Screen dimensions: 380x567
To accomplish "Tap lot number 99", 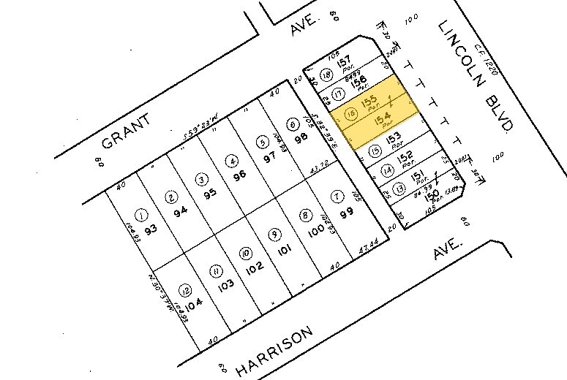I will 346,212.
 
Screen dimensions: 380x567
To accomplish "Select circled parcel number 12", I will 187,289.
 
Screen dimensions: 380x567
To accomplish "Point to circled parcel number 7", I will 337,196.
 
